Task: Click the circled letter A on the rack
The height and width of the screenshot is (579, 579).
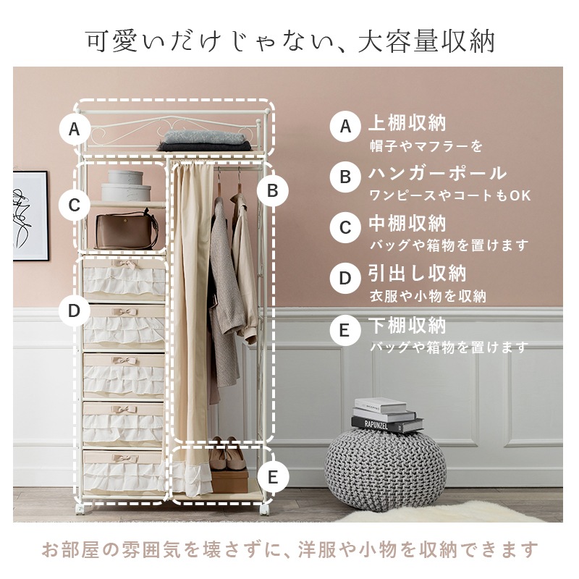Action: click(x=74, y=130)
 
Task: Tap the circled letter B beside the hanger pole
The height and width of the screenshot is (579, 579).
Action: click(x=273, y=190)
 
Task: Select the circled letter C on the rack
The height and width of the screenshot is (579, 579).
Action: click(x=74, y=205)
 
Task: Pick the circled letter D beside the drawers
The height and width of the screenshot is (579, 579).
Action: click(x=74, y=310)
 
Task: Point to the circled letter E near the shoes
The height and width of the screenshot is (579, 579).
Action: click(x=273, y=477)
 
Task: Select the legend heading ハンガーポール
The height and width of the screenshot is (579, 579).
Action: click(x=438, y=174)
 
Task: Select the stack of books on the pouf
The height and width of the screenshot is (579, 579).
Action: click(x=384, y=415)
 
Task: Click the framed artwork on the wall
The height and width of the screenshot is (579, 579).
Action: click(x=30, y=216)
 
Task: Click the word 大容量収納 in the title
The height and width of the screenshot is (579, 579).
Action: click(x=426, y=41)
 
